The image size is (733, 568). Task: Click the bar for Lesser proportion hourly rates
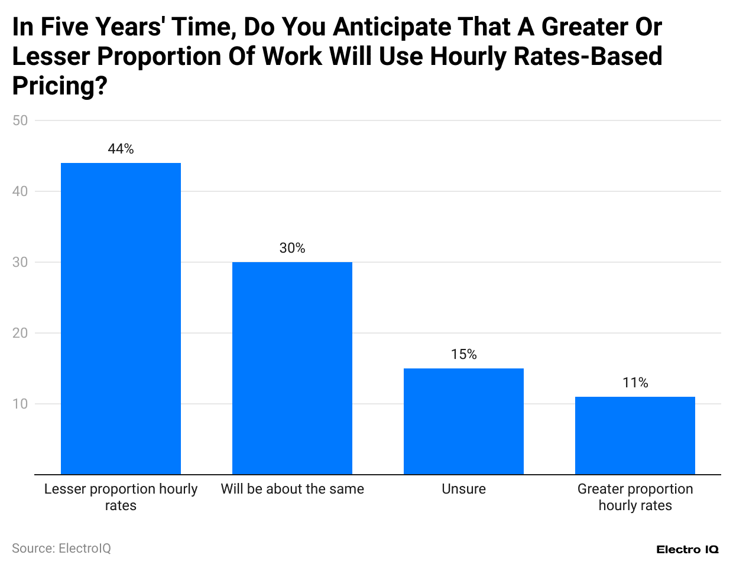tap(121, 319)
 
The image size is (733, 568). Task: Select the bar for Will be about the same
tap(292, 368)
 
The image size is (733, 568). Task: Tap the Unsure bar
tap(463, 421)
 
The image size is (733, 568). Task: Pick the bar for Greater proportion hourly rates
tap(635, 435)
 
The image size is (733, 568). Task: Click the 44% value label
tap(121, 149)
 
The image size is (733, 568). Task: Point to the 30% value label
tap(292, 249)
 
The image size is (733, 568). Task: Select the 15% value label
tap(463, 355)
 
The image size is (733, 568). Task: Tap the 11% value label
tap(635, 383)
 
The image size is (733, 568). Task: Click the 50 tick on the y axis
tap(20, 120)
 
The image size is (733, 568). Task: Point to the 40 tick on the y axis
tap(20, 191)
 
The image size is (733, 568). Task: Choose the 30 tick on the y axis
tap(20, 262)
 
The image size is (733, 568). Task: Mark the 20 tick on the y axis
tap(20, 333)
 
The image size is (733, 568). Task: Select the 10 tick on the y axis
tap(20, 404)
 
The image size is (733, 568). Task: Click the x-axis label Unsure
tap(463, 489)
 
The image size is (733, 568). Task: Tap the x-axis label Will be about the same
tap(292, 489)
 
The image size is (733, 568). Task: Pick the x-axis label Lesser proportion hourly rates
tap(121, 497)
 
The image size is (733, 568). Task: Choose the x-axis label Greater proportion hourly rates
tap(635, 497)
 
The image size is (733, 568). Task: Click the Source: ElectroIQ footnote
tap(61, 549)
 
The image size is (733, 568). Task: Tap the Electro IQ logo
tap(687, 550)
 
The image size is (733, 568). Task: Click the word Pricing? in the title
tap(60, 86)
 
